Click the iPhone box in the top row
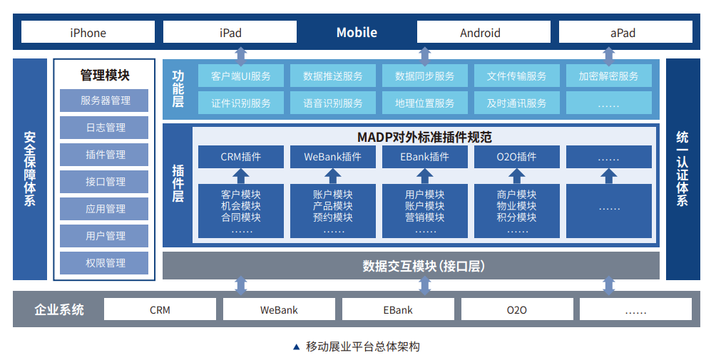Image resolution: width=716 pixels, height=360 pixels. pyautogui.click(x=88, y=32)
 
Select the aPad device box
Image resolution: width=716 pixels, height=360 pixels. pyautogui.click(x=625, y=32)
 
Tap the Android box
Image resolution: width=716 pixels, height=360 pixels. pyautogui.click(x=480, y=32)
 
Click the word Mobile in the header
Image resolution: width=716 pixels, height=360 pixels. pyautogui.click(x=357, y=32)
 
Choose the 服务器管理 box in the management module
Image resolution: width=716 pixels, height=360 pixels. pyautogui.click(x=105, y=101)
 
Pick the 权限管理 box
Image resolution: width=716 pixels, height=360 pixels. pyautogui.click(x=105, y=263)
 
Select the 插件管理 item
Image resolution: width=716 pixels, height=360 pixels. pyautogui.click(x=105, y=155)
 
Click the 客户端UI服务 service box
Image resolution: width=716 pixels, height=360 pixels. pyautogui.click(x=241, y=76)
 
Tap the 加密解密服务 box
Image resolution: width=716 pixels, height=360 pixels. pyautogui.click(x=608, y=76)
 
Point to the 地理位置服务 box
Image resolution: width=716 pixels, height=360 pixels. pyautogui.click(x=424, y=103)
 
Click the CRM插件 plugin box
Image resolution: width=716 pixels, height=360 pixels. pyautogui.click(x=241, y=157)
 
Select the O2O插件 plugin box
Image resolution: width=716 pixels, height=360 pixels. pyautogui.click(x=516, y=157)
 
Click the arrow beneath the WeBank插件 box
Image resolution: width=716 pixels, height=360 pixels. pyautogui.click(x=333, y=175)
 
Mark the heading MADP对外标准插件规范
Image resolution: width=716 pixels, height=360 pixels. pyautogui.click(x=424, y=137)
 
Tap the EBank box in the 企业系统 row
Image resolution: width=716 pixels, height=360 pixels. pyautogui.click(x=398, y=310)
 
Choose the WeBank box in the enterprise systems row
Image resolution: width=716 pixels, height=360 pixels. pyautogui.click(x=279, y=310)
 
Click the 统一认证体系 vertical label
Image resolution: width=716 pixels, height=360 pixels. pyautogui.click(x=682, y=168)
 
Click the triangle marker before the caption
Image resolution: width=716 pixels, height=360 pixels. pyautogui.click(x=297, y=347)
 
